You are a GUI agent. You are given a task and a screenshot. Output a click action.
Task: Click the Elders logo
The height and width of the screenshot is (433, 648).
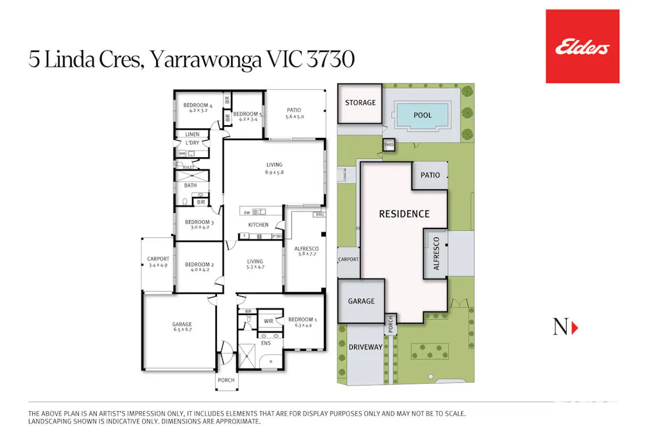tap(582, 47)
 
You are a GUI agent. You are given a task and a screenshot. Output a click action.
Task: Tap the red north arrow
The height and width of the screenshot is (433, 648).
tap(574, 327)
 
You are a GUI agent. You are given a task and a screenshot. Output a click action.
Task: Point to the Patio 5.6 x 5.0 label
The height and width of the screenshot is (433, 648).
tap(294, 114)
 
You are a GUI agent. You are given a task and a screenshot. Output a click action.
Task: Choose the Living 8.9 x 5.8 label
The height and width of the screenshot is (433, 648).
tap(273, 168)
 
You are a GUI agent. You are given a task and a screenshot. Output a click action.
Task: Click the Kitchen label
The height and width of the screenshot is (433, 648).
tap(258, 225)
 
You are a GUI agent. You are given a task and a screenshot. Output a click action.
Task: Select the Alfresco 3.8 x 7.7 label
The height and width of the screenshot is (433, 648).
tap(306, 251)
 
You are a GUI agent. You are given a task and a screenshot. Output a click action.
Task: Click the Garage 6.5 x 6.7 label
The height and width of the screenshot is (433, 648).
tap(181, 327)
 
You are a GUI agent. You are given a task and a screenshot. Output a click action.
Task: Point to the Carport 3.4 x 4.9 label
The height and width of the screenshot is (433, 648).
tap(158, 262)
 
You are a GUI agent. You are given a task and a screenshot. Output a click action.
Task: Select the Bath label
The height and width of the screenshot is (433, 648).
tap(191, 185)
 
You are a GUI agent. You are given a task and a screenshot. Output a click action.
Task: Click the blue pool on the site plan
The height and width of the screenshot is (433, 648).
tap(423, 115)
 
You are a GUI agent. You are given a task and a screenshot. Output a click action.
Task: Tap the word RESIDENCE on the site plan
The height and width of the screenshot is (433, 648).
tap(404, 214)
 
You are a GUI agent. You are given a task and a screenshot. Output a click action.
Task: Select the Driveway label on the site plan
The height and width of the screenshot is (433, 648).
tap(365, 347)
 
